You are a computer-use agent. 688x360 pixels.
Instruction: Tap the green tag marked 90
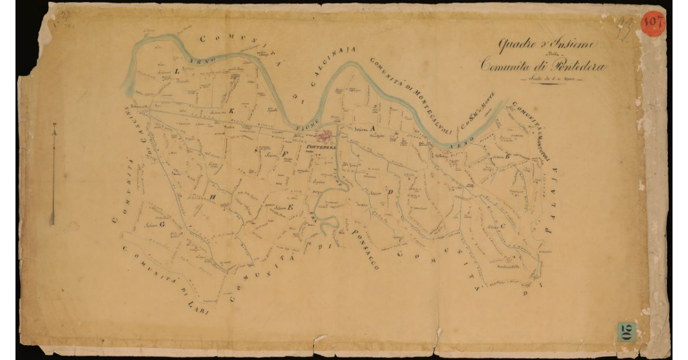coord(627,332)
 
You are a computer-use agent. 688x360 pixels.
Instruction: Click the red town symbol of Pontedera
coord(325,136)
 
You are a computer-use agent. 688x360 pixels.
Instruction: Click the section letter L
coord(177,72)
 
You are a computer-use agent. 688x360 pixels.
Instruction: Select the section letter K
coord(232,111)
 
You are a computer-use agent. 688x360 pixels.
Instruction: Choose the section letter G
coord(162,225)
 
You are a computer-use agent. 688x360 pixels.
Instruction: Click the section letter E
coord(291,207)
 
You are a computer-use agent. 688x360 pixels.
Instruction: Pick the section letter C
coord(503,226)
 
